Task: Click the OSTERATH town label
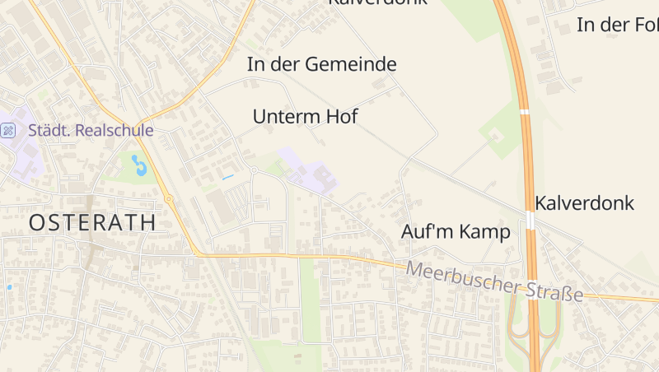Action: tap(93, 222)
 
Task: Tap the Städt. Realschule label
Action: tap(91, 130)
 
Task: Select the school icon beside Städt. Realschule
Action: tap(8, 130)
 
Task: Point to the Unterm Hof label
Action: tap(305, 117)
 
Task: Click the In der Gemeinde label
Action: tap(321, 64)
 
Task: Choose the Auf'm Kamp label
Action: tap(456, 232)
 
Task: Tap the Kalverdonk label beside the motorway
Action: tap(585, 202)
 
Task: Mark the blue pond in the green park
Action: tap(141, 167)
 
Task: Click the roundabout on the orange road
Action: tap(168, 198)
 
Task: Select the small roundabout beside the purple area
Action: tap(254, 170)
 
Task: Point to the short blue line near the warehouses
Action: tap(228, 177)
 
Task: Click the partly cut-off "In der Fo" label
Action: tap(618, 25)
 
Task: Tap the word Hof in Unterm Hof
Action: tap(342, 117)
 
